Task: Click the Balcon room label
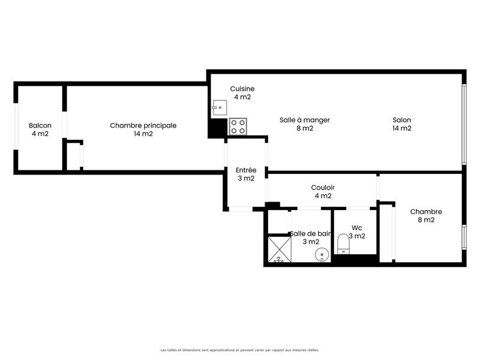40,130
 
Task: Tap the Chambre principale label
143,130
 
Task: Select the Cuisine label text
242,93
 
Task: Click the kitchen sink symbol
218,109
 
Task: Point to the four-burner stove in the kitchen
238,127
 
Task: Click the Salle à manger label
305,124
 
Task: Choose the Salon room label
401,124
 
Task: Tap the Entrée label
245,174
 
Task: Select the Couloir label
323,191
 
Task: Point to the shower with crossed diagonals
278,250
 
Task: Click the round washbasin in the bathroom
322,256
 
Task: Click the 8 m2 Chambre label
426,215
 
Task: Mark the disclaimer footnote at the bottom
239,349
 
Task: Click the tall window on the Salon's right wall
464,124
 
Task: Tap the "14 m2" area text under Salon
401,128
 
